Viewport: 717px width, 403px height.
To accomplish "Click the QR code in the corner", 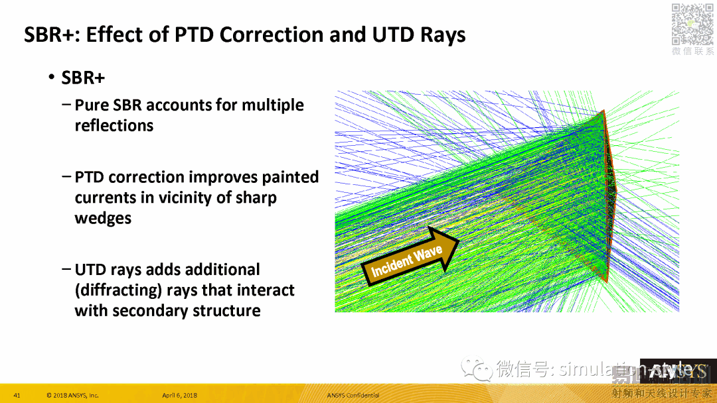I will pyautogui.click(x=692, y=24).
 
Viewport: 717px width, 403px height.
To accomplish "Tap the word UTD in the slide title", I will pyautogui.click(x=395, y=34).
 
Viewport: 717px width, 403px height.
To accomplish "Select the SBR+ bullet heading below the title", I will pyautogui.click(x=83, y=78).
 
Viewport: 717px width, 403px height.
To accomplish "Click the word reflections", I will pyautogui.click(x=114, y=126).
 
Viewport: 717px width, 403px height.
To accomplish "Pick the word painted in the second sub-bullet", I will pyautogui.click(x=290, y=178).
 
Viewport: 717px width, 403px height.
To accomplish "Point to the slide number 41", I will pyautogui.click(x=17, y=396).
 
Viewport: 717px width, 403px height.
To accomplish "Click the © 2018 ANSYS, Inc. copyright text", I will pyautogui.click(x=72, y=396).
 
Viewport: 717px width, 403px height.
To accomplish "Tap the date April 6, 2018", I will pyautogui.click(x=180, y=396).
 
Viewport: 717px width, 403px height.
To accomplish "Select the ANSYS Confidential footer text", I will pyautogui.click(x=353, y=396).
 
